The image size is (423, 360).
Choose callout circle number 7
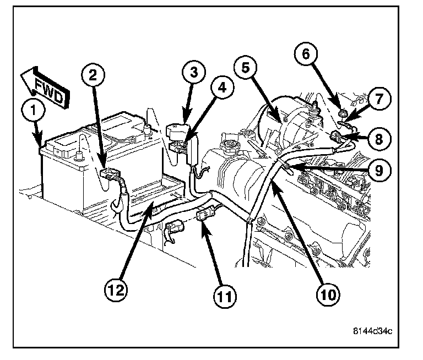(379, 99)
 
